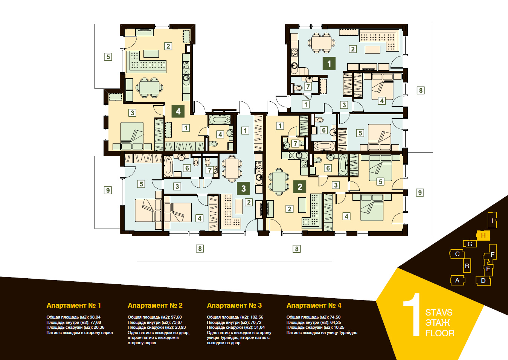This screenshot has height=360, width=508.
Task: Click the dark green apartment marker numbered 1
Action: pos(329,64)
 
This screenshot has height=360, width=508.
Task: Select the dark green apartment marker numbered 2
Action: pos(300,187)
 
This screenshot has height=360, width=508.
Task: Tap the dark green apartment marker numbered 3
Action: pos(243,188)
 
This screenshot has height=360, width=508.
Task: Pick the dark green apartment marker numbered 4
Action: pos(178,111)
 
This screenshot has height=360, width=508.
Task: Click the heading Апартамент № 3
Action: pos(234,305)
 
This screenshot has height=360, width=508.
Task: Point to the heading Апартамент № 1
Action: pos(74,305)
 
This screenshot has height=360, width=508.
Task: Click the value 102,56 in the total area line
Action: pos(256,317)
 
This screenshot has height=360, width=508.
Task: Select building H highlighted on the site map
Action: pos(483,235)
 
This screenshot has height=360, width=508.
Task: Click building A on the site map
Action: pos(458,281)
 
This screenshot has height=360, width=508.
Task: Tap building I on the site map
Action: pos(492,220)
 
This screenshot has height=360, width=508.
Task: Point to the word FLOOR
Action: pos(440,333)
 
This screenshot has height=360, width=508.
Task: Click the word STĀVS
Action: pos(439,312)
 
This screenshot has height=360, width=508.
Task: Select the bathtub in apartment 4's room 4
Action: pos(220,119)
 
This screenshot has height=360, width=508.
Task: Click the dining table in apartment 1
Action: pos(321,43)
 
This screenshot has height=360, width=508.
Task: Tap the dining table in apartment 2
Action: pos(279,182)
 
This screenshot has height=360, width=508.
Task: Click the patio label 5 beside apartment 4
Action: pos(108,56)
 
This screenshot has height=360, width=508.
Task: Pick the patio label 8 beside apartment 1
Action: pos(421,90)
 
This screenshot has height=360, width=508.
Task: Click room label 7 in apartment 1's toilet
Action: pos(308,87)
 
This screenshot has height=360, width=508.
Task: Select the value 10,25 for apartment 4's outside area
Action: pos(339,327)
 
